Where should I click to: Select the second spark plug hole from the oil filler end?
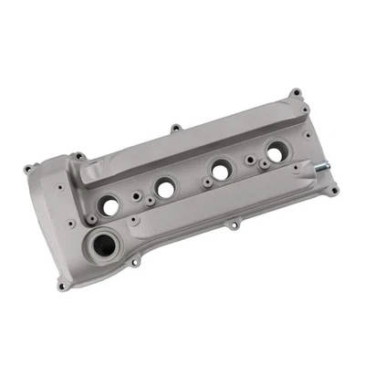165,188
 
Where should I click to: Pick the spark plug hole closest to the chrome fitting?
276,152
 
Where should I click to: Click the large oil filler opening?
106,245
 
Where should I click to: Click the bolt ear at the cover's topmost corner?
295,92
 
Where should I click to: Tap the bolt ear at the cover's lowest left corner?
62,286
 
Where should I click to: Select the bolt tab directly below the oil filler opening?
135,263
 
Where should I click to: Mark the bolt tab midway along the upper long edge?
174,129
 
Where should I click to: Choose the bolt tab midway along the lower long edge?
235,224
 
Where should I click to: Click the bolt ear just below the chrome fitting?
334,190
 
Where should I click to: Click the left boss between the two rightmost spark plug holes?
249,161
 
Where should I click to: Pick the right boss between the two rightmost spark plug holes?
262,165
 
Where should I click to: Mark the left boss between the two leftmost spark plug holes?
135,195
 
